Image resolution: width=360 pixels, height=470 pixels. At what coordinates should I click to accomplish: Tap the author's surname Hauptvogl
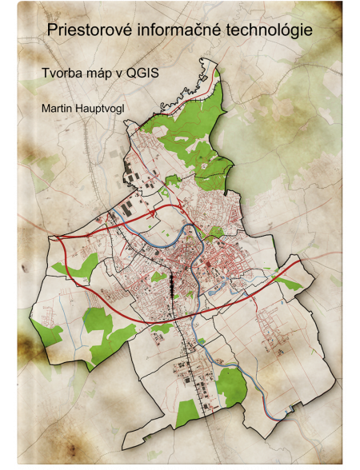tap(109, 107)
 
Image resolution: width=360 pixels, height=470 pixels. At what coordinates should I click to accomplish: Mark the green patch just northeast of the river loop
tap(214, 233)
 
